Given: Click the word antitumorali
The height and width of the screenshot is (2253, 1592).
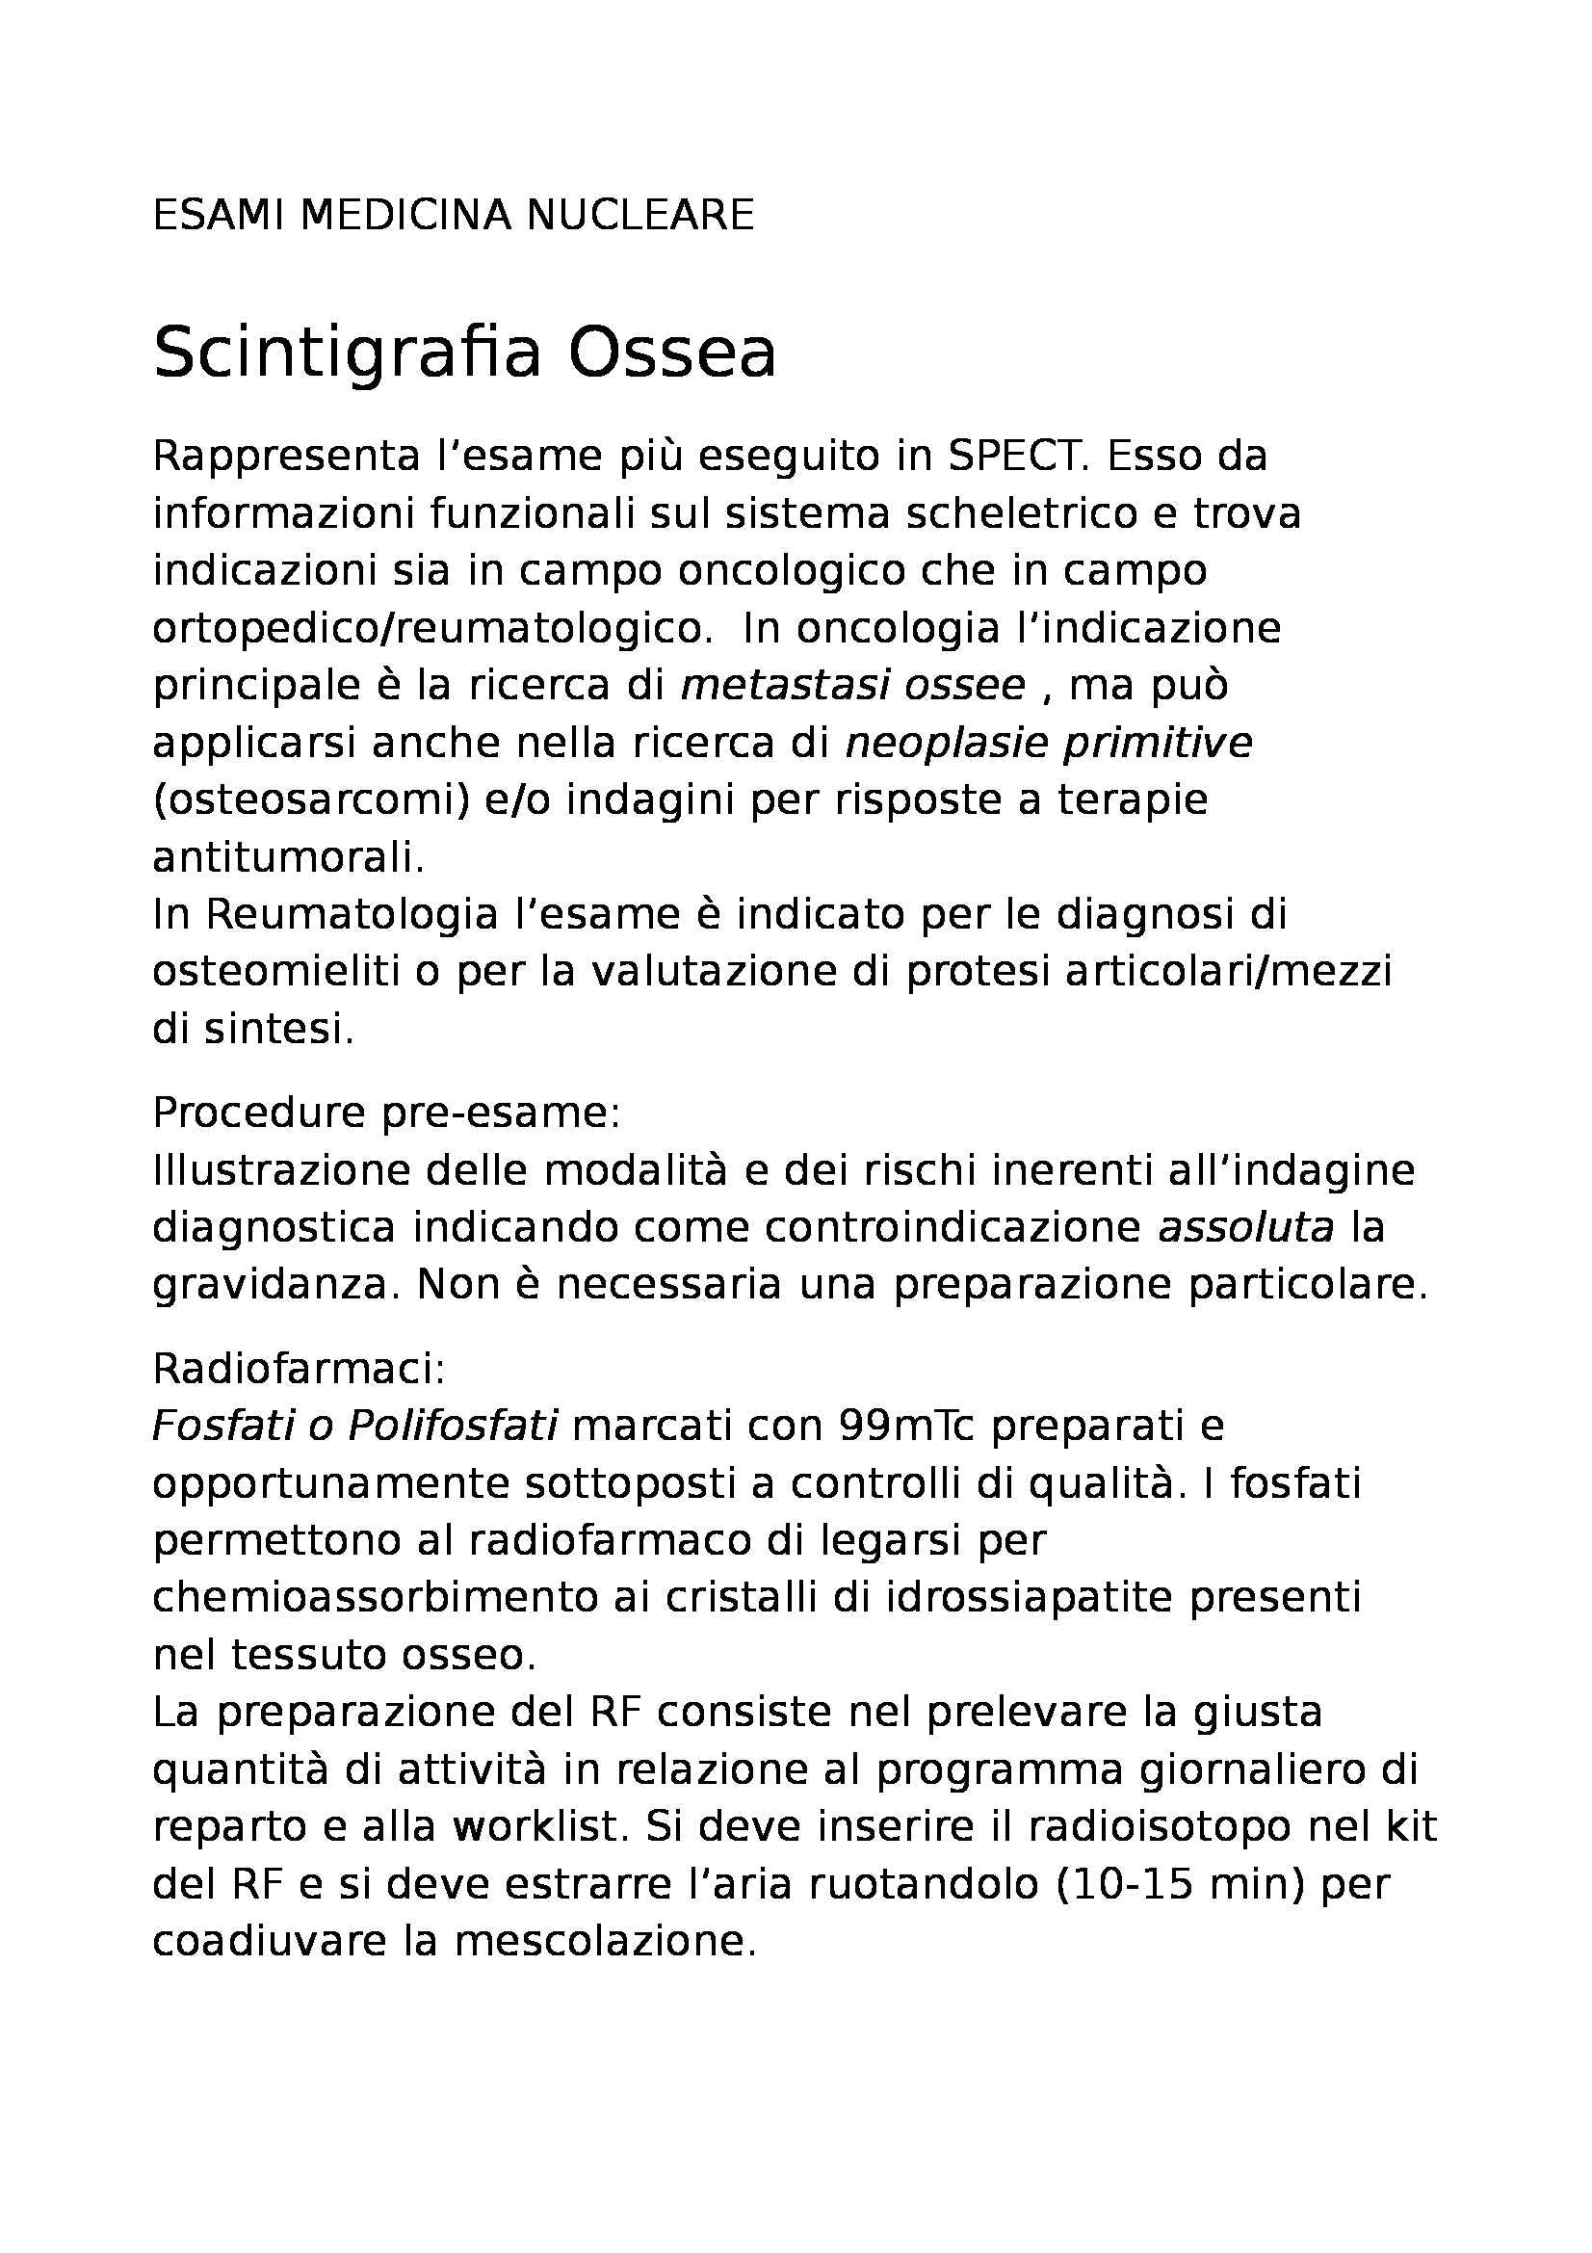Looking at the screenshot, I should coord(288,857).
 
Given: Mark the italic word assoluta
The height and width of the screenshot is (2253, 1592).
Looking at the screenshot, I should coord(1246,1227).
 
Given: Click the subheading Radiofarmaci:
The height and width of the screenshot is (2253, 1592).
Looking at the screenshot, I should coord(300,1369).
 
